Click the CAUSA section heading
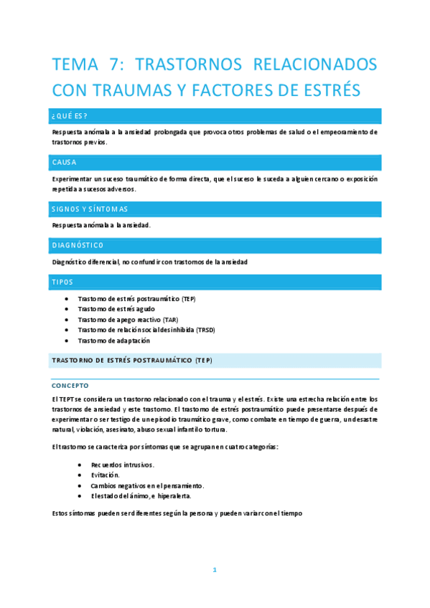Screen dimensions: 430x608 click(64, 163)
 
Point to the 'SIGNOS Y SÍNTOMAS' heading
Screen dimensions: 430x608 click(90, 209)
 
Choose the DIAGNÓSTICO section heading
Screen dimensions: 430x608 click(78, 246)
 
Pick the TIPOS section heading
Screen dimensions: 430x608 click(62, 282)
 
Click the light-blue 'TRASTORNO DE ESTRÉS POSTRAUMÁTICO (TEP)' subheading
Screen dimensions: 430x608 click(131, 360)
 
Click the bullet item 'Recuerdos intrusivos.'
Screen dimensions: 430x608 click(122, 465)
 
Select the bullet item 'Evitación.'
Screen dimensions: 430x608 click(106, 475)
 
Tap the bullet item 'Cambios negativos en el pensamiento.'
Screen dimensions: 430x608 click(148, 485)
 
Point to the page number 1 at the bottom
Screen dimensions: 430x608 click(214, 570)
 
